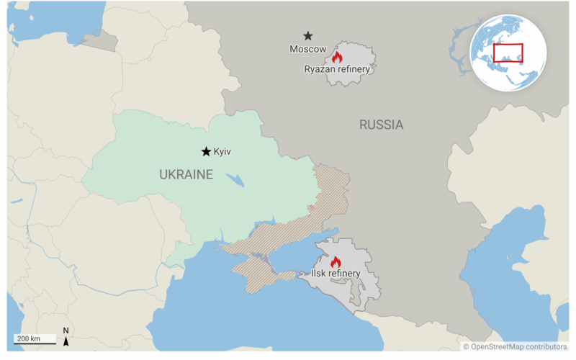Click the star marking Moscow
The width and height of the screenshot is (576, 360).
pos(308,35)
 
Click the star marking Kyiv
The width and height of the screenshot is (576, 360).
pos(206,151)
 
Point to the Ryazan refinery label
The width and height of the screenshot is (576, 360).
pos(337,69)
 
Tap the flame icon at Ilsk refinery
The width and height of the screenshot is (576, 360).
pos(335,262)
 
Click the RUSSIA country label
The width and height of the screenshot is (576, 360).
pos(381,125)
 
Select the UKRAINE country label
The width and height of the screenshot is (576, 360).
pos(186,174)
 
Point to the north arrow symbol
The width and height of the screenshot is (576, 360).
pos(66,336)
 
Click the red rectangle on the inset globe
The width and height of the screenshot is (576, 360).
pos(508,53)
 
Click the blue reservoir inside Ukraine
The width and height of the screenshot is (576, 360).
pos(235,179)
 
